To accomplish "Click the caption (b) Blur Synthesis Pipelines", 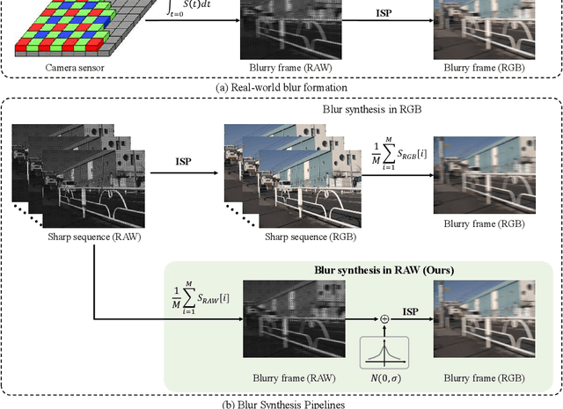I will coord(282,403).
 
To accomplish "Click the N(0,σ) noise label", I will coord(384,377).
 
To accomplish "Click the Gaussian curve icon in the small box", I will coord(384,352).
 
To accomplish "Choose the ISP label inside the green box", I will coord(409,311).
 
